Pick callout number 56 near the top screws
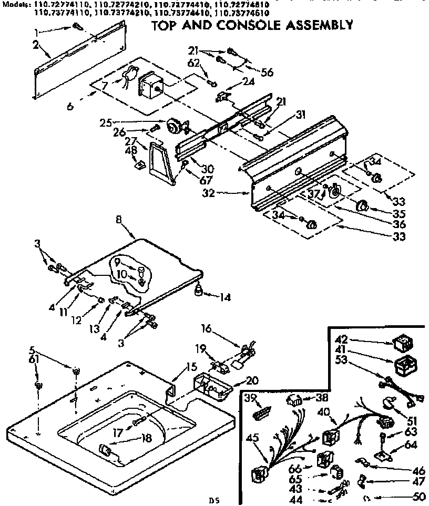pos(267,73)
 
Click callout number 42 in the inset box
pos(342,339)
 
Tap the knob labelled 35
pos(362,205)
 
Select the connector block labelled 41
pos(403,365)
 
